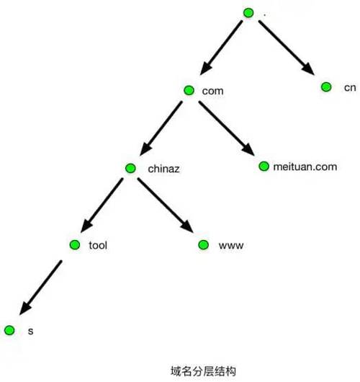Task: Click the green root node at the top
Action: coord(248,13)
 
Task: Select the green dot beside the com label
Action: coord(189,90)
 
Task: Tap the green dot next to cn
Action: coord(326,86)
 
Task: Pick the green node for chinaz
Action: coord(130,168)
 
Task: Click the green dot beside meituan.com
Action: coord(264,166)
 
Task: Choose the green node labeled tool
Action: coord(75,244)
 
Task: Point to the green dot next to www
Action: coord(203,244)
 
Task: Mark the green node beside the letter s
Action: coord(9,330)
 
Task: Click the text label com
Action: coord(212,91)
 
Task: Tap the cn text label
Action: coord(350,88)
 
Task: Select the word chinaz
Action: coord(163,169)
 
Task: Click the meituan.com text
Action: coord(305,167)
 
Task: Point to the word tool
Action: coord(98,245)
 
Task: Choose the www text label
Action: coord(231,246)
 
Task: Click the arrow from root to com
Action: coord(221,48)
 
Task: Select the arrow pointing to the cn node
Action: coord(287,48)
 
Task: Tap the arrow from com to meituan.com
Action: coord(227,128)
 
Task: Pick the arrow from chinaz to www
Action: coord(166,205)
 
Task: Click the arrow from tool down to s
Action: coord(40,288)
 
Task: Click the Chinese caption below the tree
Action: coord(203,371)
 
